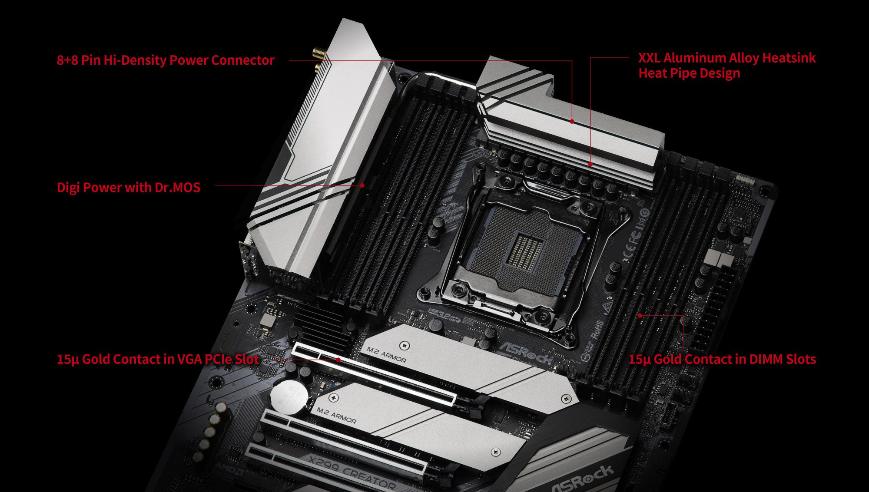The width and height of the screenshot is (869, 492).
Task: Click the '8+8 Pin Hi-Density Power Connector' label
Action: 166,60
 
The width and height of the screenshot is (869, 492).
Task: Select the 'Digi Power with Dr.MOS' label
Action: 129,187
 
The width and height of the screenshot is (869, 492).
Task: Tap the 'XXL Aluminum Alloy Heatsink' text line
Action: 727,58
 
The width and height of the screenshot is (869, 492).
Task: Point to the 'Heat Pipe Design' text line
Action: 689,73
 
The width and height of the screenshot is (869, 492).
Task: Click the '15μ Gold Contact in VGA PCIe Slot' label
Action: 158,359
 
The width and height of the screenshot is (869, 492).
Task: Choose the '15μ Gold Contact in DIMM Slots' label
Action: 722,359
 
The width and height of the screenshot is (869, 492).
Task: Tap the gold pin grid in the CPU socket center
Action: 525,251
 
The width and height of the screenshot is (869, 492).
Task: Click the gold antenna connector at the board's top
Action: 318,54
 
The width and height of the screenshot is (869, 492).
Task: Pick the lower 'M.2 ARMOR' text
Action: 336,415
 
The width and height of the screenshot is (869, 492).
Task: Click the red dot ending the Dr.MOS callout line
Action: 362,185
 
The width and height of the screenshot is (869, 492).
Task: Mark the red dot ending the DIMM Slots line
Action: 640,316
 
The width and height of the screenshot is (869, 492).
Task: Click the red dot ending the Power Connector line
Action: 572,122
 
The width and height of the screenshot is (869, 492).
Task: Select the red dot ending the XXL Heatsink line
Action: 590,164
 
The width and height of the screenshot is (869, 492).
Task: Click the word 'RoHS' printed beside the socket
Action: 598,330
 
